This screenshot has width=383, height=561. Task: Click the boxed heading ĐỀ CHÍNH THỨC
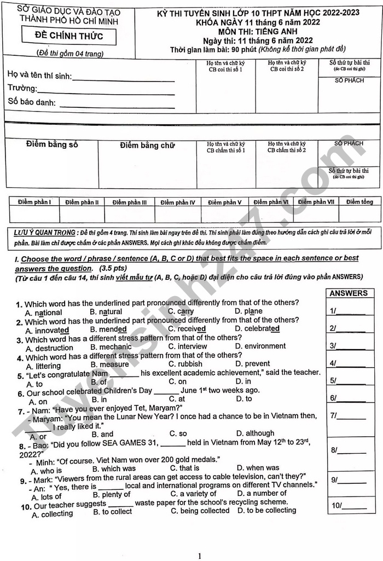[x=68, y=37]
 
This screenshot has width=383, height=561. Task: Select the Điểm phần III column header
[x=130, y=203]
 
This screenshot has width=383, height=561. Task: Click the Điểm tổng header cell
[x=359, y=202]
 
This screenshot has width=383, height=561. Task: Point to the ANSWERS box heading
[x=349, y=293]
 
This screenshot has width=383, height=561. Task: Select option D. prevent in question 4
[x=252, y=363]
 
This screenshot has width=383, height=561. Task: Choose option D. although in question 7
[x=255, y=433]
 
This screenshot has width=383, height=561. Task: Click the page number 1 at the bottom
[x=199, y=556]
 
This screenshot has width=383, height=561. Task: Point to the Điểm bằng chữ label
[x=147, y=145]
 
